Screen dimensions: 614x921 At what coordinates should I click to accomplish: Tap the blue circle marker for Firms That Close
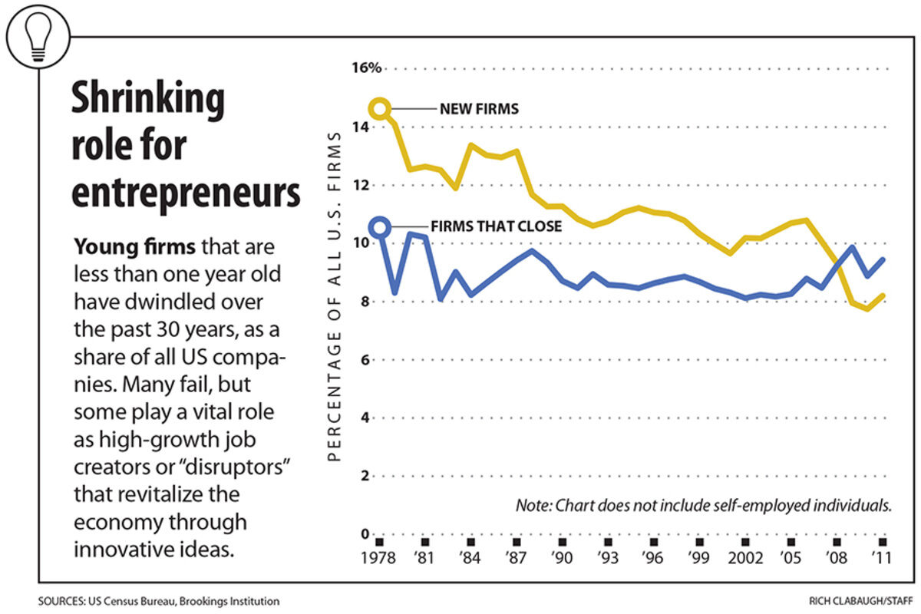pyautogui.click(x=379, y=226)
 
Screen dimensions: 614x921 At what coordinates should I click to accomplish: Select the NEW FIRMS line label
pyautogui.click(x=479, y=109)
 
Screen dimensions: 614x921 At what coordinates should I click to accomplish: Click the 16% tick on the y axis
pyautogui.click(x=367, y=68)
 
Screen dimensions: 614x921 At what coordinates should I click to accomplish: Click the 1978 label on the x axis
pyautogui.click(x=378, y=559)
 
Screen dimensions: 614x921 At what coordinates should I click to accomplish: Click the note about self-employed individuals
pyautogui.click(x=704, y=507)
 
